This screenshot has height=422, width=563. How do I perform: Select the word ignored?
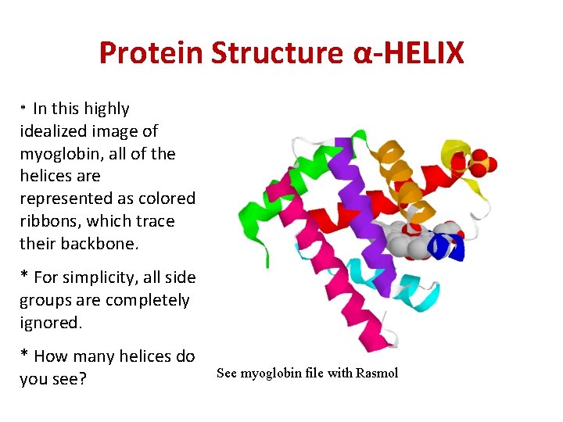click(x=50, y=322)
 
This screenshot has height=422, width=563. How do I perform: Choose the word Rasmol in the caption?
click(x=376, y=373)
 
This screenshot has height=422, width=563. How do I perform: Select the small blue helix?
click(x=452, y=247)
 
